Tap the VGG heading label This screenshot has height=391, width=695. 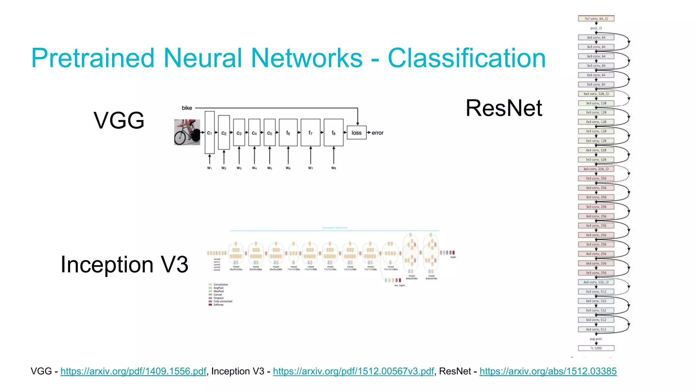tap(119, 120)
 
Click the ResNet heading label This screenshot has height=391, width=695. tap(504, 108)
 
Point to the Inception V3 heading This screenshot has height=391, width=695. tap(124, 264)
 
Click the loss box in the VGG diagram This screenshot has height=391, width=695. tap(356, 133)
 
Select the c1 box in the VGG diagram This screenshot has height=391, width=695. tap(209, 133)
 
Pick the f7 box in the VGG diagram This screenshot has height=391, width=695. tap(310, 133)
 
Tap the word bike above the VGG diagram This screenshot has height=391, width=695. tap(187, 108)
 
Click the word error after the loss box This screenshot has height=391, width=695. tap(377, 133)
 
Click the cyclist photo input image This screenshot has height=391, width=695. tap(187, 132)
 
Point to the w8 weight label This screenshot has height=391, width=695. tap(334, 168)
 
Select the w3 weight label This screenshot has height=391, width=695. tap(239, 168)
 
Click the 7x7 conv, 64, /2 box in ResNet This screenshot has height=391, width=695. tap(596, 19)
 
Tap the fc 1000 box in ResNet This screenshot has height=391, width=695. tap(596, 348)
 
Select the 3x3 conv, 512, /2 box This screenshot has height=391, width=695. tap(596, 282)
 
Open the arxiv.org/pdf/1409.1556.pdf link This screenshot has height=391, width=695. tap(133, 371)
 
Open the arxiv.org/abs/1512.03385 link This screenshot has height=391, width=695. tap(548, 371)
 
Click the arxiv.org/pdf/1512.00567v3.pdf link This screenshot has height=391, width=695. tap(353, 371)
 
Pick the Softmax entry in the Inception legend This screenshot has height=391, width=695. tap(218, 305)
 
